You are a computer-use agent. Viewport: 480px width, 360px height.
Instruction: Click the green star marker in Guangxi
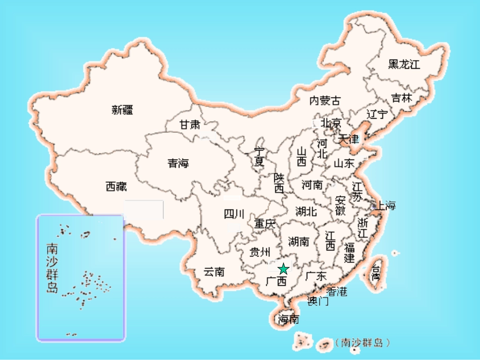coord(283,269)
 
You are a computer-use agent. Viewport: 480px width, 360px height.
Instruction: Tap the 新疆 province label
coord(122,110)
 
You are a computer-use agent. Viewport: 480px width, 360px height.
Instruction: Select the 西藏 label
coord(116,187)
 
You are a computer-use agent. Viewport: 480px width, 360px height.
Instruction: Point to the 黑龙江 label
coord(404,65)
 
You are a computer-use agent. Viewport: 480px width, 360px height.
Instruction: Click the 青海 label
coord(178,163)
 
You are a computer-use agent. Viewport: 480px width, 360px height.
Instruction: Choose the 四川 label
coord(234,214)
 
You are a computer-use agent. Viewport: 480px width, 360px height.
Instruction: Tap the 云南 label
coord(214,272)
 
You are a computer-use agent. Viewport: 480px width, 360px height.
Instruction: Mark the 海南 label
coord(288,319)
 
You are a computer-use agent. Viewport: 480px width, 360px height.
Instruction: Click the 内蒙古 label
coord(325,100)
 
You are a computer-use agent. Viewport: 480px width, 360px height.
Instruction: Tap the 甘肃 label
coord(190,125)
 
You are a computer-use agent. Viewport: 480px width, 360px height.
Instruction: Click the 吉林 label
coord(402,98)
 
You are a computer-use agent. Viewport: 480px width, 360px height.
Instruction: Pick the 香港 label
coord(337,291)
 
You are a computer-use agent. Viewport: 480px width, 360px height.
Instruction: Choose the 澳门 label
coord(318,301)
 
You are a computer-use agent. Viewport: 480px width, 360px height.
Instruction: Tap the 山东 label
coord(344,163)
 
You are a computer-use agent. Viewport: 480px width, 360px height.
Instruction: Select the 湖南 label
coord(299,241)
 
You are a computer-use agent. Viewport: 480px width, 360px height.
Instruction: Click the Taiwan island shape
coord(376,275)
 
